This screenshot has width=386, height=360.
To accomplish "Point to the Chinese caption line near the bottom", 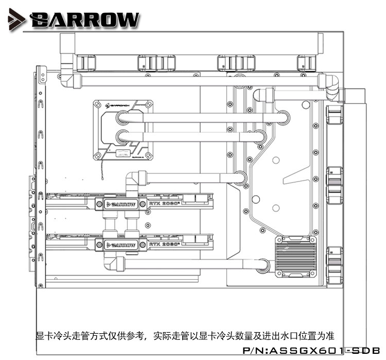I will [x=185, y=336].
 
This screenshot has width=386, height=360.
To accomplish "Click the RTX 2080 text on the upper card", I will [x=163, y=204].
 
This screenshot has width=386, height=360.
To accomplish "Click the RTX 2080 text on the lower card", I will [x=163, y=244].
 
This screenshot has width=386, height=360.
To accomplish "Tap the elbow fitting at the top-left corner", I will [x=67, y=77].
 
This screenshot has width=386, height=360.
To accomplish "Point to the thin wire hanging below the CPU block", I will [x=104, y=173].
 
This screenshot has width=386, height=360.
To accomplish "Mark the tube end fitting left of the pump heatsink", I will [x=262, y=265].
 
